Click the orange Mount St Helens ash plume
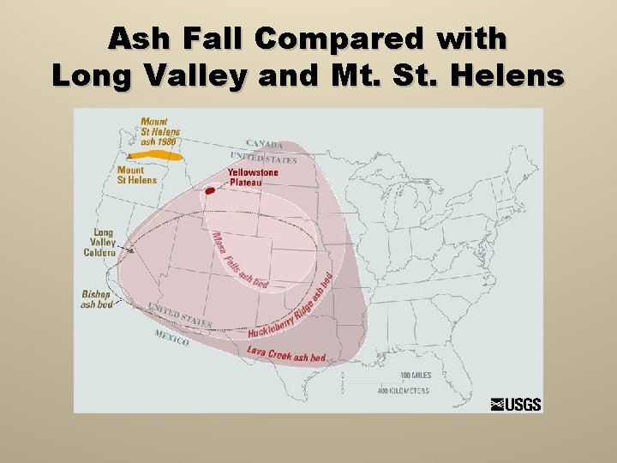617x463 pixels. click(163, 156)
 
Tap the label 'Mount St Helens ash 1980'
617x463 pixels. click(160, 131)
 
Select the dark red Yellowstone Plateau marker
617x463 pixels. click(209, 190)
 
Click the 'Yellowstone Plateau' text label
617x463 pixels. click(253, 177)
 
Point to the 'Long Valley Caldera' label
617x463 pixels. click(100, 243)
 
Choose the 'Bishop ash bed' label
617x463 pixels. click(97, 299)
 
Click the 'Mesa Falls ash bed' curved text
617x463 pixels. click(237, 261)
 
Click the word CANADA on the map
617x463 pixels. click(265, 143)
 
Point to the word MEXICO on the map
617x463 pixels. click(171, 337)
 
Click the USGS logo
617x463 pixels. click(516, 404)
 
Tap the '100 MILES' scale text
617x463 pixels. click(416, 376)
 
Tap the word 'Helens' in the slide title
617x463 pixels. click(514, 75)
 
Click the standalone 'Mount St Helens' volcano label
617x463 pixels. click(137, 175)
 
